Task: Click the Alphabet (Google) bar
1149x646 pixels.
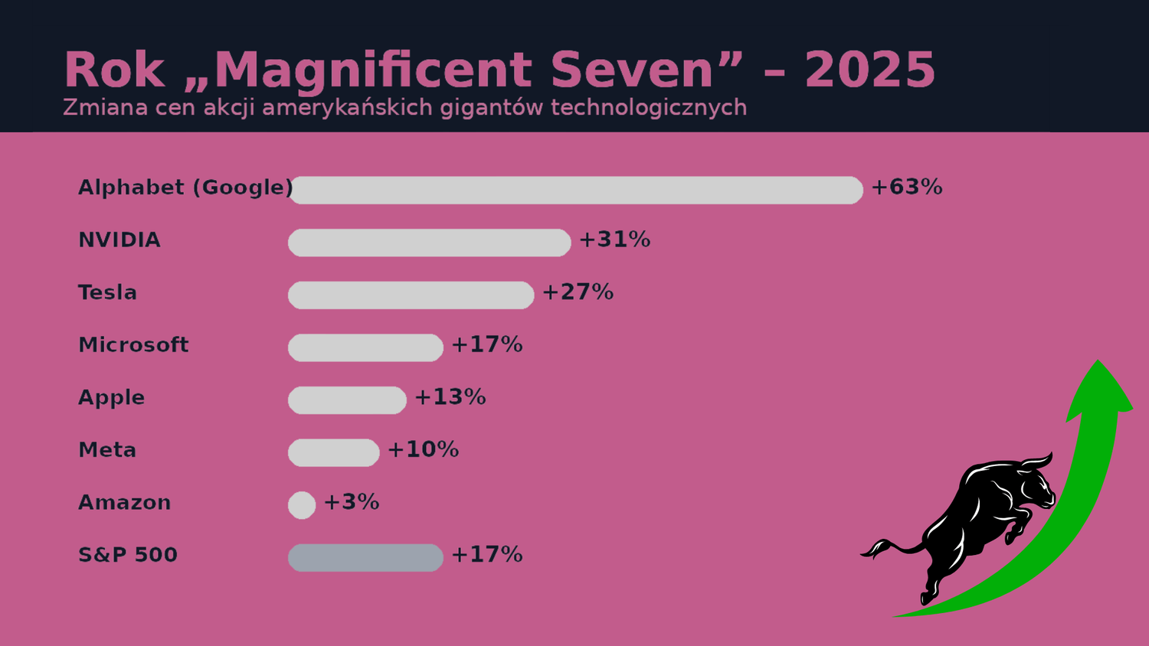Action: tap(576, 190)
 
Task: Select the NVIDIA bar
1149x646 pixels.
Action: tap(429, 243)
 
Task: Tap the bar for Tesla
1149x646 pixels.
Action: tap(411, 295)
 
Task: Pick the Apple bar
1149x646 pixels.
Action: tap(347, 400)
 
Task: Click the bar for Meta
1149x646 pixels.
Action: tap(333, 452)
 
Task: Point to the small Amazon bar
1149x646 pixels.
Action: tap(302, 505)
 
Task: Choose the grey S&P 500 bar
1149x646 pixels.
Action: tap(365, 558)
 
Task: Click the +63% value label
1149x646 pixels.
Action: tap(906, 187)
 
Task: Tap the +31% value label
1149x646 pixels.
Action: tap(614, 240)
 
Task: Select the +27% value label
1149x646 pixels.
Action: tap(578, 292)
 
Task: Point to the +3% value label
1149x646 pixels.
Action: tap(351, 502)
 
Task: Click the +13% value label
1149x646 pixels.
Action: tap(450, 397)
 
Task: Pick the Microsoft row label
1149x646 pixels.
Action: tap(133, 345)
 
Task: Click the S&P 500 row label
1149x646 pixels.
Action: tap(128, 555)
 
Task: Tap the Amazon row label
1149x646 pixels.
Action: tap(124, 503)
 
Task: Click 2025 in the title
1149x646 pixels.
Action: tap(869, 70)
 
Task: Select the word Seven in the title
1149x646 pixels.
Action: tap(632, 70)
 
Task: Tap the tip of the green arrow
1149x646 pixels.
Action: tap(1098, 363)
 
